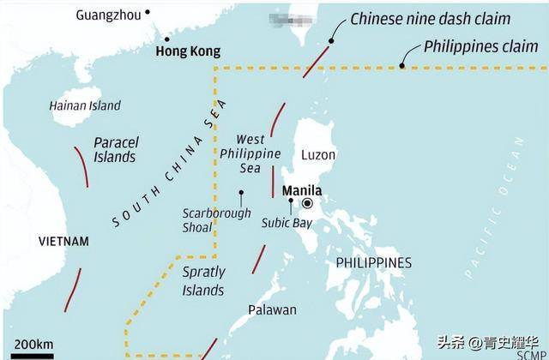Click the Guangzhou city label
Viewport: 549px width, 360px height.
coord(108,15)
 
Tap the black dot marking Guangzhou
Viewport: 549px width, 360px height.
coord(148,12)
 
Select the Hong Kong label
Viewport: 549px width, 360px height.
coord(187,51)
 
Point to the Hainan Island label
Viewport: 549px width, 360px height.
coord(85,105)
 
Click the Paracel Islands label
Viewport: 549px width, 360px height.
coord(114,150)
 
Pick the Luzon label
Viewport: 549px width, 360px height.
coord(318,155)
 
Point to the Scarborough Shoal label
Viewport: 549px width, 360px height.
coord(216,220)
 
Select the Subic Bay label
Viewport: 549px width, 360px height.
coord(287,223)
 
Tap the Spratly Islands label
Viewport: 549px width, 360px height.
coord(203,279)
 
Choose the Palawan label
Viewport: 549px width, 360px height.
coord(272,309)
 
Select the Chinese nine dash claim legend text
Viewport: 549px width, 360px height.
coord(442,18)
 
